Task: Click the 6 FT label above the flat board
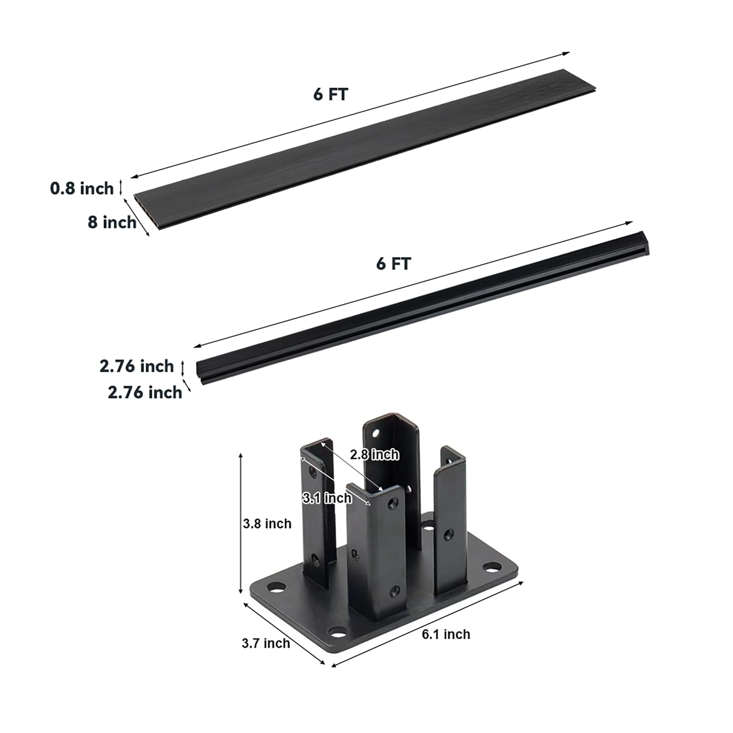[x=331, y=94]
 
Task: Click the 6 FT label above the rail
[x=394, y=263]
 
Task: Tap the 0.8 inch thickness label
[x=82, y=188]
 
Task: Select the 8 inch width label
[x=112, y=222]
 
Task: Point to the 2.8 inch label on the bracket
[x=374, y=454]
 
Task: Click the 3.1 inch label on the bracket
[x=327, y=498]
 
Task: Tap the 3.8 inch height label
[x=267, y=523]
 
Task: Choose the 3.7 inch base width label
[x=266, y=643]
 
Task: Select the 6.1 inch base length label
[x=446, y=634]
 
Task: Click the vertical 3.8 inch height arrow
[x=241, y=523]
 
